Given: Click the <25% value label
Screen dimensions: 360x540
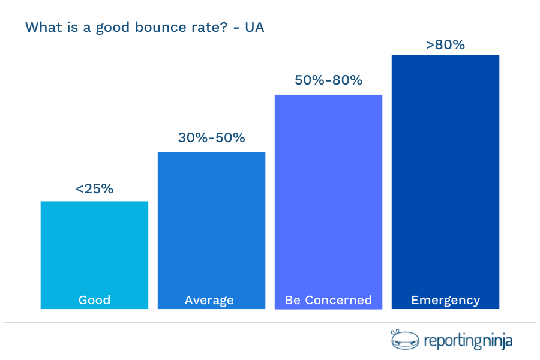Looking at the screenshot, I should tap(94, 188).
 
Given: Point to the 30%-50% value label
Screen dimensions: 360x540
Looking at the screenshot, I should tap(211, 137).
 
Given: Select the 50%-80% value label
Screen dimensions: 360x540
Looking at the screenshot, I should tap(328, 80).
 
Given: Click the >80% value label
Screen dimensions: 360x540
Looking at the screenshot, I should tap(445, 44).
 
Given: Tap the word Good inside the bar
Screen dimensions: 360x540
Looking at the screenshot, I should tap(94, 300).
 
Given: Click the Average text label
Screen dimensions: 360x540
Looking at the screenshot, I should tap(209, 300).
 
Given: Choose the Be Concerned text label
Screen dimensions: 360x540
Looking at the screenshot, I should tap(328, 300).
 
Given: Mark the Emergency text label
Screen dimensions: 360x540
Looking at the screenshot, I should tap(445, 300).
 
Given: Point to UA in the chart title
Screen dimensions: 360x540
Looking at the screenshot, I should tap(255, 28).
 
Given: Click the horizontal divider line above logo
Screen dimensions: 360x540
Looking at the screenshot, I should tap(270, 322).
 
